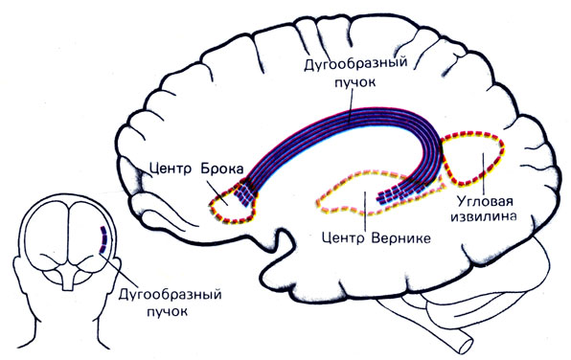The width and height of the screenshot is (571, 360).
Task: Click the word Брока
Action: coord(221,169)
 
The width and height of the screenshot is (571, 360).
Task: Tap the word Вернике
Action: coord(400,238)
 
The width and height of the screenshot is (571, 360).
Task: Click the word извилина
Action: coord(483,216)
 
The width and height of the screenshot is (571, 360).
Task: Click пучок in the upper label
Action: coord(354,82)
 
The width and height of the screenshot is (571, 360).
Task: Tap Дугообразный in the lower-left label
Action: coord(170,295)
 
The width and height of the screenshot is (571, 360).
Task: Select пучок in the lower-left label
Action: coord(168,311)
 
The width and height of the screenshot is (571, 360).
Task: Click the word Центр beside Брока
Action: coord(171,169)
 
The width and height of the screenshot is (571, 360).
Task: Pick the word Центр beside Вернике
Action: coord(343,238)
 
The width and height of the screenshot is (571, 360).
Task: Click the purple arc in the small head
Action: coord(103,239)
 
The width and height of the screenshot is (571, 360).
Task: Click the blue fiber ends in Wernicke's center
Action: coord(395,194)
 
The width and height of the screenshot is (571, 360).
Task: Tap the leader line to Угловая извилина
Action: coord(483,174)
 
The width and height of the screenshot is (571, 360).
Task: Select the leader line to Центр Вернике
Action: coord(364,213)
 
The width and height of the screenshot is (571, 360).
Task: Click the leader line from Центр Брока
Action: coord(218,191)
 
